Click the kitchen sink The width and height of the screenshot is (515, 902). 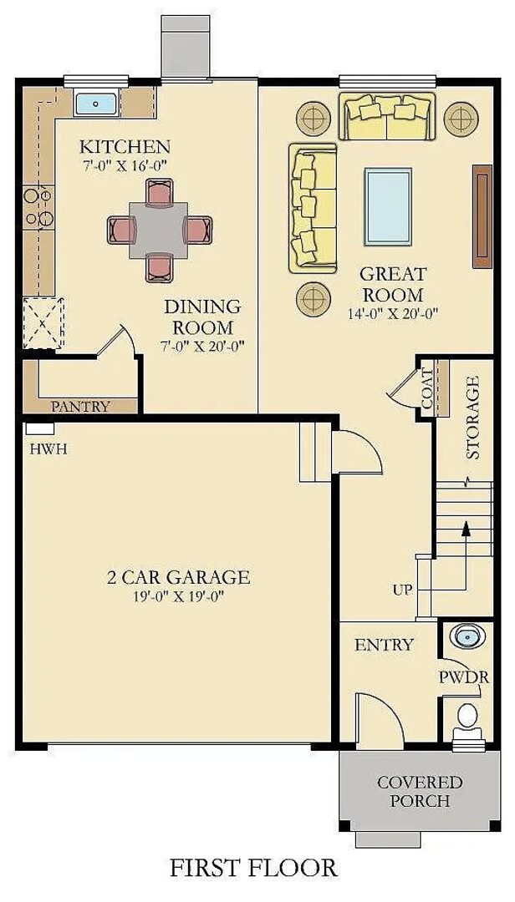(x=98, y=104)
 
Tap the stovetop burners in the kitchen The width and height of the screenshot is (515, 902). (x=38, y=207)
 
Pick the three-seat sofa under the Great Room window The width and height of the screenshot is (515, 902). (x=386, y=117)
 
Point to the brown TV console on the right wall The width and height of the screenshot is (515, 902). (x=482, y=216)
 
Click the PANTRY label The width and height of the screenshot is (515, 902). (x=80, y=407)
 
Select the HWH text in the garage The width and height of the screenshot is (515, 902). (x=48, y=448)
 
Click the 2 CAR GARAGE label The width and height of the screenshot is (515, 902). (x=178, y=576)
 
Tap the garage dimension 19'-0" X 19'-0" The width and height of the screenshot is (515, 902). (x=178, y=595)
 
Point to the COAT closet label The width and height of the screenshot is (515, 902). (x=428, y=388)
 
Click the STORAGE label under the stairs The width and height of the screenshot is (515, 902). (x=473, y=418)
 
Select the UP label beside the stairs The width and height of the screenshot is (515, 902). (x=403, y=590)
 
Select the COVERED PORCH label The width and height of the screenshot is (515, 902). (x=420, y=792)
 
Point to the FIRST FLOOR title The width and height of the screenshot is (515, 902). (x=253, y=867)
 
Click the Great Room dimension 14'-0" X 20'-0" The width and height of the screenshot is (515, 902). (x=392, y=313)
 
